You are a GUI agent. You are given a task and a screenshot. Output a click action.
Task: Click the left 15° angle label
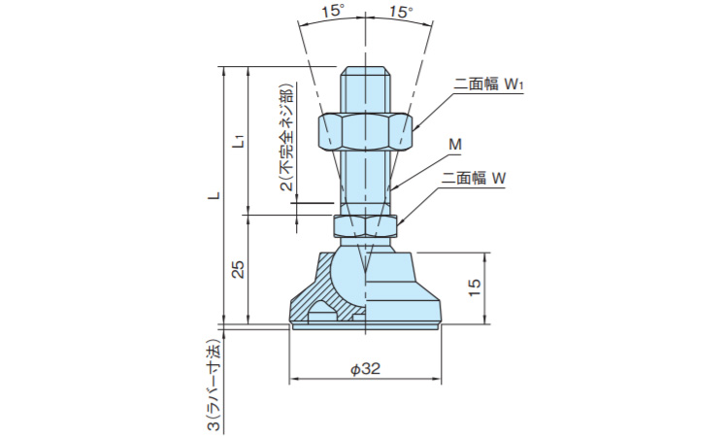pyautogui.click(x=332, y=12)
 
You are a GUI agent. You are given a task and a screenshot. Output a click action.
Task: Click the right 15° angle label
pyautogui.click(x=401, y=12)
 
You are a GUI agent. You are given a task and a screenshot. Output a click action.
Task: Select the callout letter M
pyautogui.click(x=453, y=145)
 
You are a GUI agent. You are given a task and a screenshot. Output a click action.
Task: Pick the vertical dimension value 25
pyautogui.click(x=239, y=268)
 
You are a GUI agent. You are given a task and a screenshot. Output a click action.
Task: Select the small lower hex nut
pyautogui.click(x=366, y=225)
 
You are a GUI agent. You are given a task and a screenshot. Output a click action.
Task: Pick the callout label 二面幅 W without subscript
pyautogui.click(x=476, y=179)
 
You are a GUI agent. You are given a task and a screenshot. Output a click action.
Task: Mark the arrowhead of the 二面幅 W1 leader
pyautogui.click(x=414, y=127)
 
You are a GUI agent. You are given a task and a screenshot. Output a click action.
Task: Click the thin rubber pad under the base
pyautogui.click(x=366, y=327)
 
